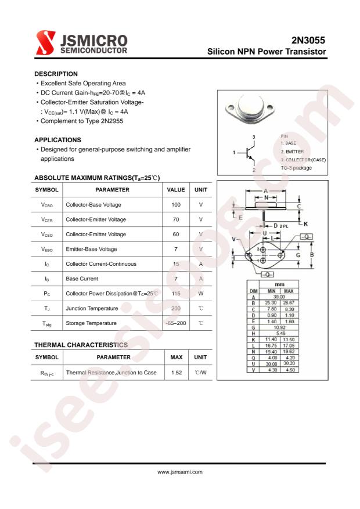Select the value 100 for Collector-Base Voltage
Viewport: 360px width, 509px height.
(176, 205)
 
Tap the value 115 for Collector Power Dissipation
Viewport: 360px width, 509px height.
(176, 294)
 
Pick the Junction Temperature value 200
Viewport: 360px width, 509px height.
(176, 308)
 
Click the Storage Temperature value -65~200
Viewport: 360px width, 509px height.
(176, 323)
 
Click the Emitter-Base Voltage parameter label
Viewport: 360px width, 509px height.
(91, 249)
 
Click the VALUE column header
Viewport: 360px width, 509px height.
(176, 190)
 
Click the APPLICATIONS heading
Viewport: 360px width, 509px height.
(57, 140)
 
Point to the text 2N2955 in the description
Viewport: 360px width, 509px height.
(110, 121)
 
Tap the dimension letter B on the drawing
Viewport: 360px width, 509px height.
(311, 255)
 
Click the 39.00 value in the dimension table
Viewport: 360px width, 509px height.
(275, 297)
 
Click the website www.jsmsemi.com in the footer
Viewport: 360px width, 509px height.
(180, 472)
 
